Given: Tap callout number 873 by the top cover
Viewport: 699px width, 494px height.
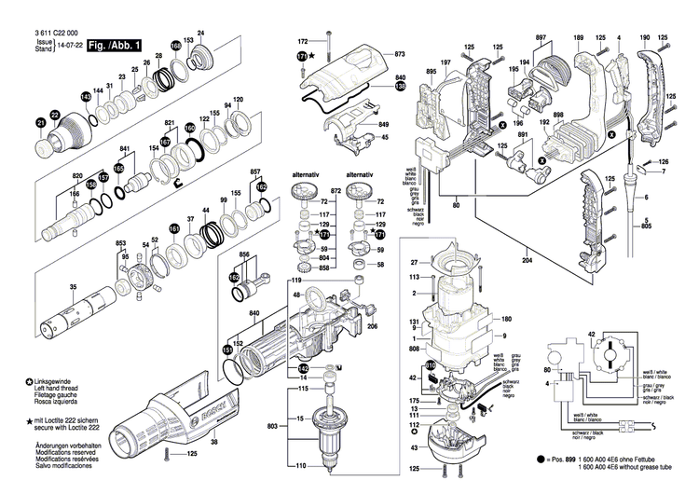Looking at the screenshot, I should click(400, 55).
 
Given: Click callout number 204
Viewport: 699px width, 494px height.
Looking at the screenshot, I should click(528, 264).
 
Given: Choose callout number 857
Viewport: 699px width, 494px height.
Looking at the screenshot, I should click(254, 173).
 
